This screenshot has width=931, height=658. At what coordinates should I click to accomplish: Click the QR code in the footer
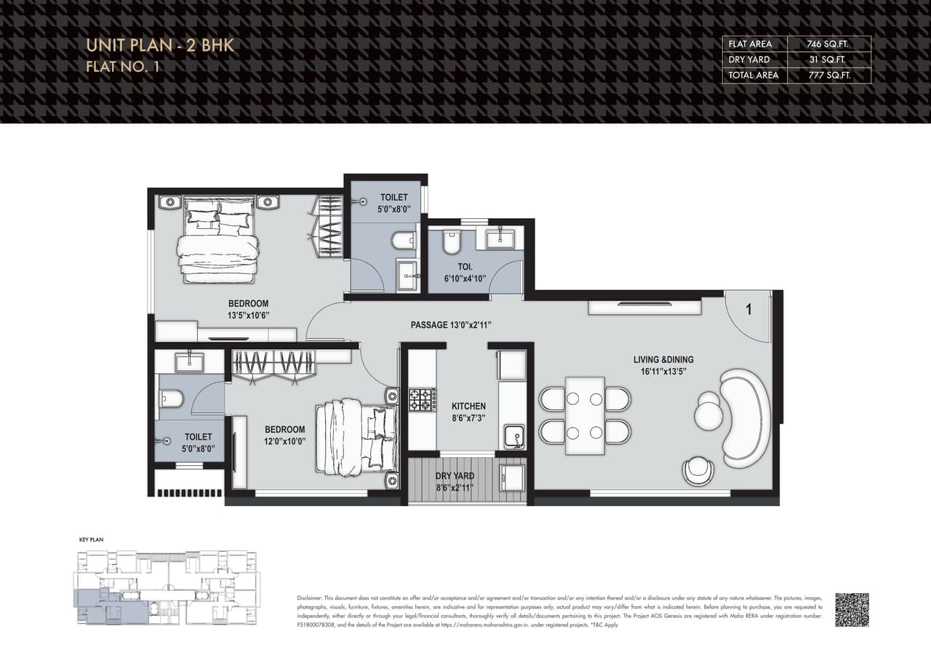pyautogui.click(x=852, y=609)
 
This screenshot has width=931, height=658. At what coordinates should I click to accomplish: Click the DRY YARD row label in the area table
pyautogui.click(x=748, y=60)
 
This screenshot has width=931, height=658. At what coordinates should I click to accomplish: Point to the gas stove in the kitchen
pyautogui.click(x=422, y=400)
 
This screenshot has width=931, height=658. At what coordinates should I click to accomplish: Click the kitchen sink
pyautogui.click(x=514, y=436)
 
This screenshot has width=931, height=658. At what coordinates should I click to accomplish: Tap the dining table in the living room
pyautogui.click(x=585, y=415)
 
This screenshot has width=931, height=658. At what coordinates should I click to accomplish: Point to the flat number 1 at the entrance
pyautogui.click(x=748, y=309)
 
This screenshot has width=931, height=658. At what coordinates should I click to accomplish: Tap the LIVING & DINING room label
pyautogui.click(x=663, y=359)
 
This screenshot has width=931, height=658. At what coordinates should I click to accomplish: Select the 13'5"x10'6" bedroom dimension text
pyautogui.click(x=248, y=316)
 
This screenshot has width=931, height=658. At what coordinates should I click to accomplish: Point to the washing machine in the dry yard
pyautogui.click(x=513, y=478)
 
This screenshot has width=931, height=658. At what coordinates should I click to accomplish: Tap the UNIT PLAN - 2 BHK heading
pyautogui.click(x=159, y=45)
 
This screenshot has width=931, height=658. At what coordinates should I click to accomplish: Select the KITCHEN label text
pyautogui.click(x=468, y=406)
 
